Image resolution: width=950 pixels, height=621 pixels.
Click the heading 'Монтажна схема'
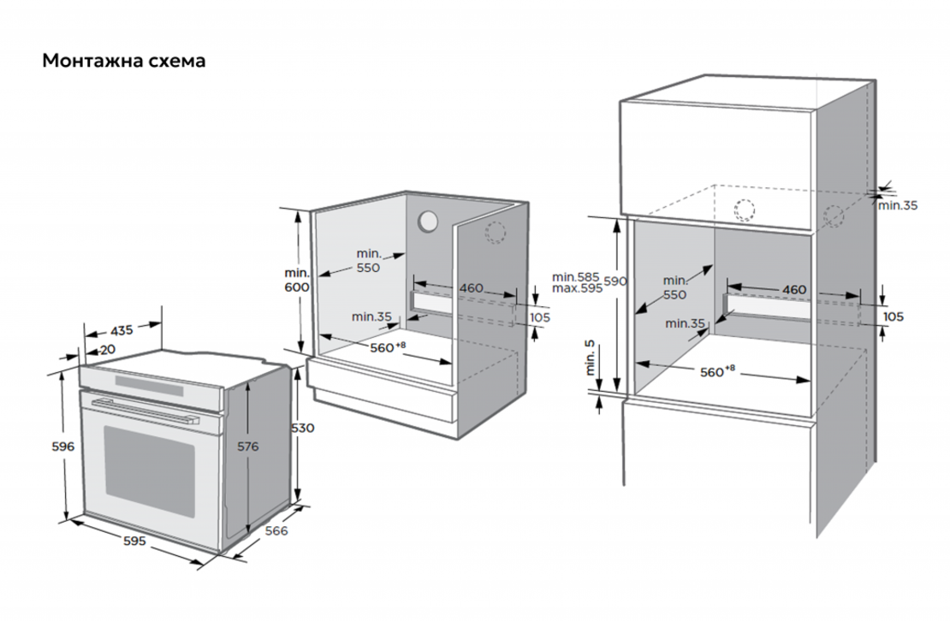point(124,62)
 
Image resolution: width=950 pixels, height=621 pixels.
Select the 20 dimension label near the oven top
point(108,349)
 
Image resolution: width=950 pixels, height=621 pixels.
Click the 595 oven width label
point(134,541)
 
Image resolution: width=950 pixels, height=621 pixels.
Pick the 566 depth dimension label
point(275,530)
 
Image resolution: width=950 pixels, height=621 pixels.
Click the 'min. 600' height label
point(296,280)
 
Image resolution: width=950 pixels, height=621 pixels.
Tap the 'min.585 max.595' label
point(577,282)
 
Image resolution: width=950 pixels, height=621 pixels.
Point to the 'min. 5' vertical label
point(591,358)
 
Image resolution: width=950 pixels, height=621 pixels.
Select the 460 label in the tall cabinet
point(794,290)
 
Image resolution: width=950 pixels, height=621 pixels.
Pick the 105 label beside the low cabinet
point(539,317)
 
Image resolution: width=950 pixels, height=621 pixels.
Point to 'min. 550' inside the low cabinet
point(369,260)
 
